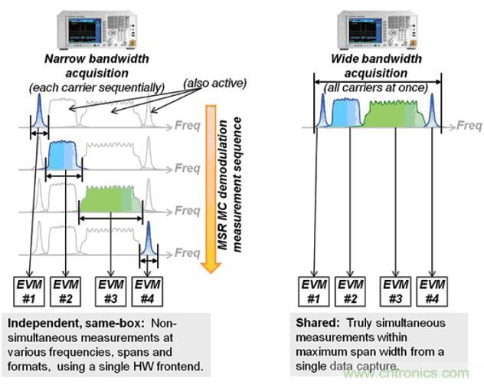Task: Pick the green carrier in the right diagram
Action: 394,116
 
